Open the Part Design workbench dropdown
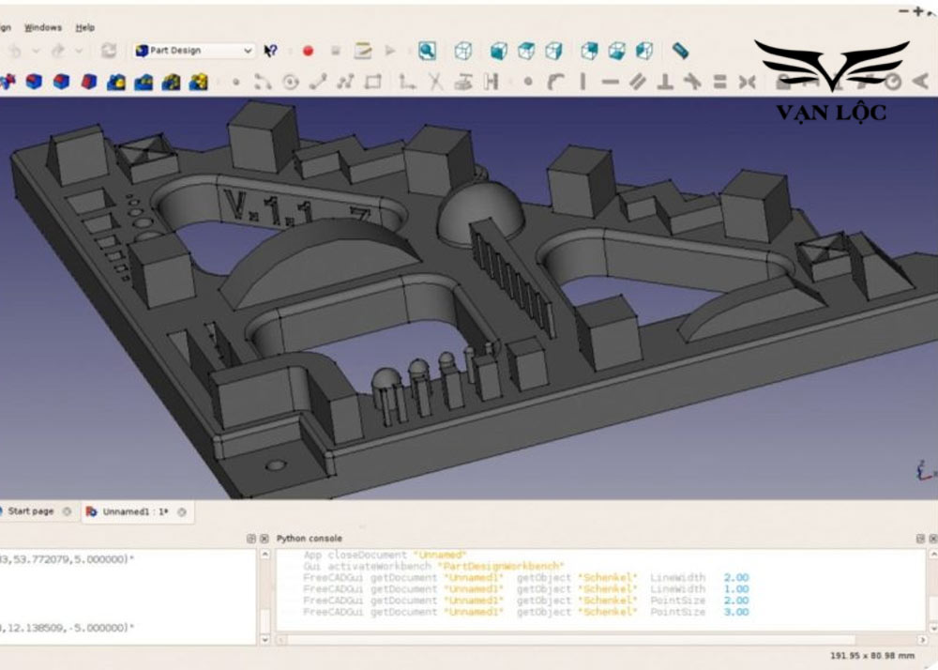pos(194,51)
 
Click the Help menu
pos(85,27)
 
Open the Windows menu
pos(42,27)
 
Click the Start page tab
pos(31,511)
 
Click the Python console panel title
pos(310,539)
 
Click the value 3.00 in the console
pos(736,612)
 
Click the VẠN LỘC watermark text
pos(831,113)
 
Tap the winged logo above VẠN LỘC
pos(831,66)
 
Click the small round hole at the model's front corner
pos(275,464)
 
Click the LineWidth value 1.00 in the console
pos(736,589)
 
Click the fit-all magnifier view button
pos(427,51)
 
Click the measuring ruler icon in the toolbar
pos(681,51)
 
